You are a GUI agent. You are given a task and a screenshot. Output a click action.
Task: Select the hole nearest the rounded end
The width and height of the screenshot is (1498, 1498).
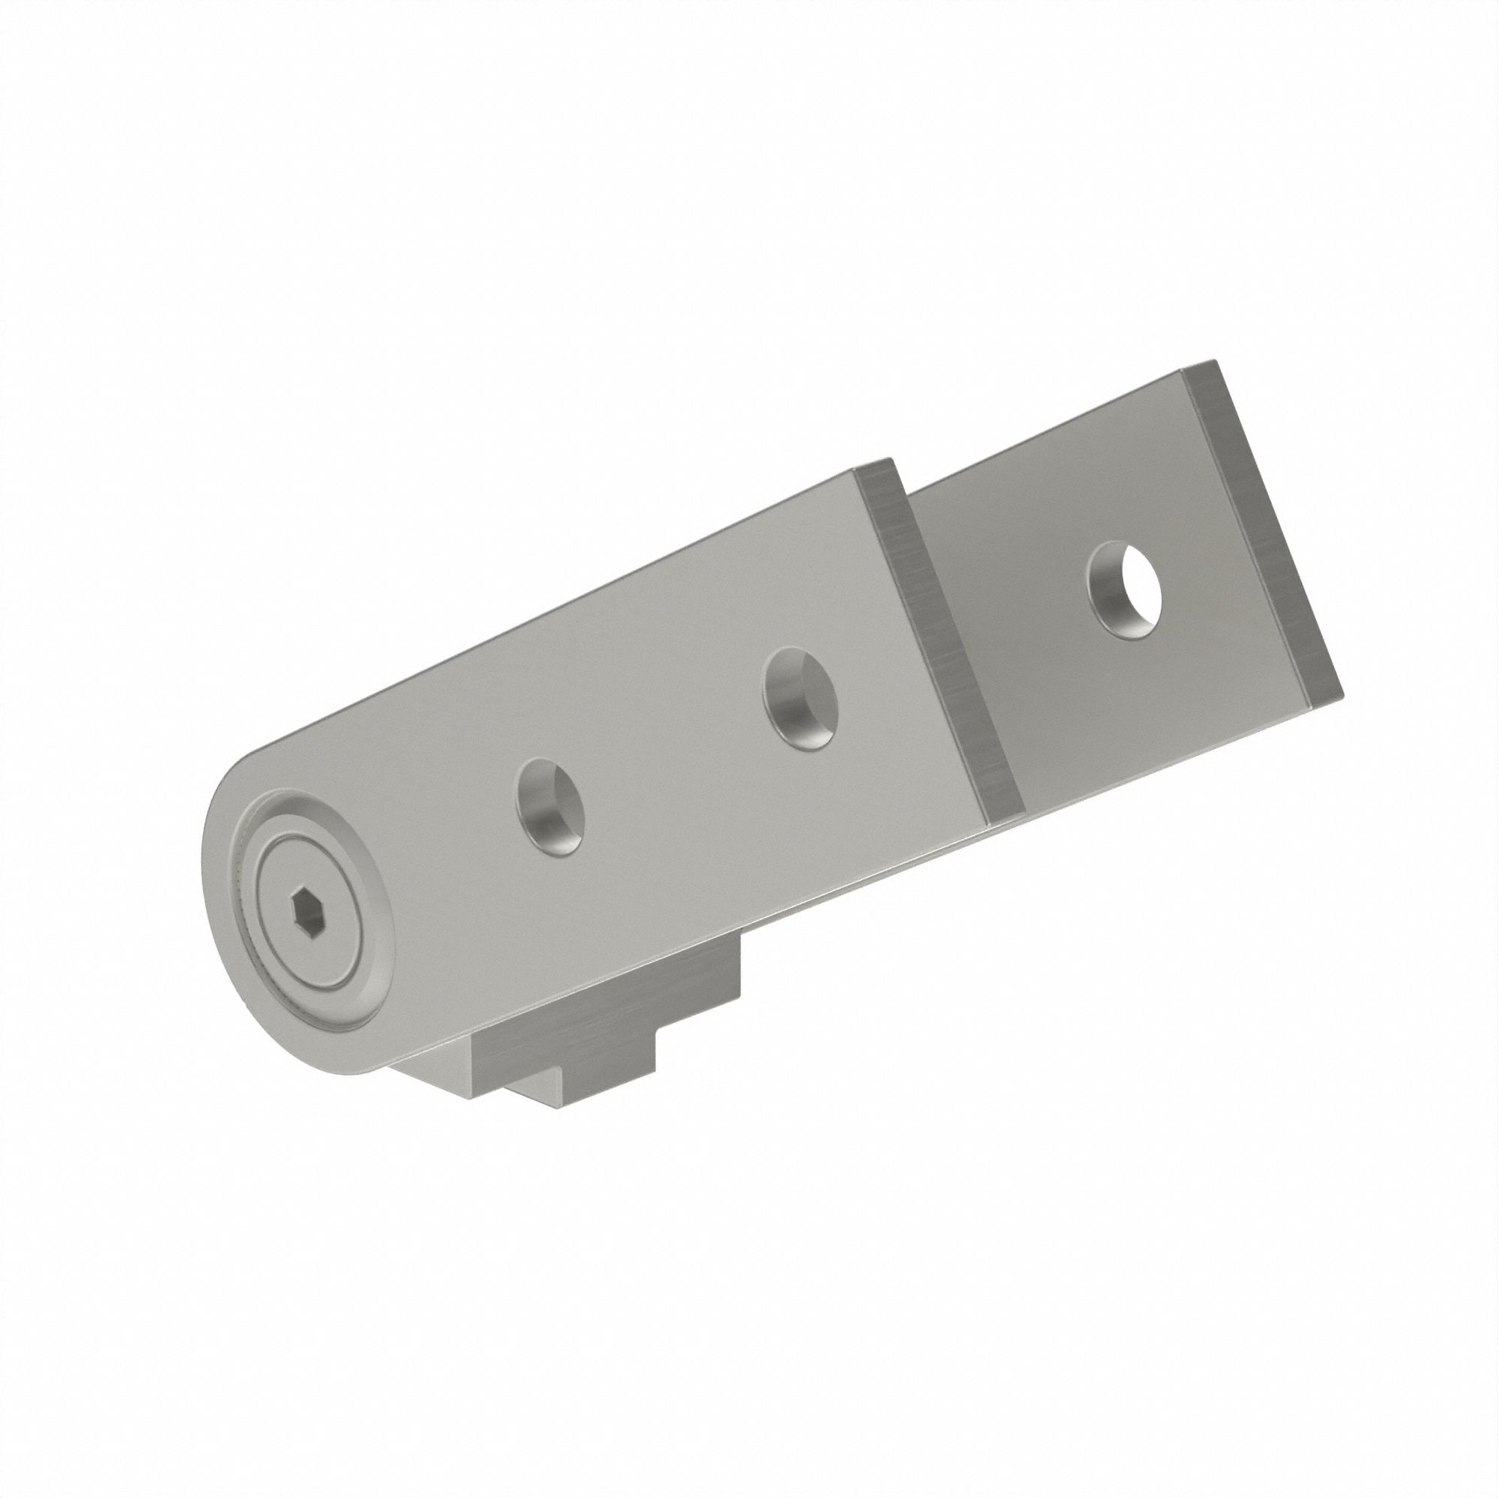pyautogui.click(x=551, y=807)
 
